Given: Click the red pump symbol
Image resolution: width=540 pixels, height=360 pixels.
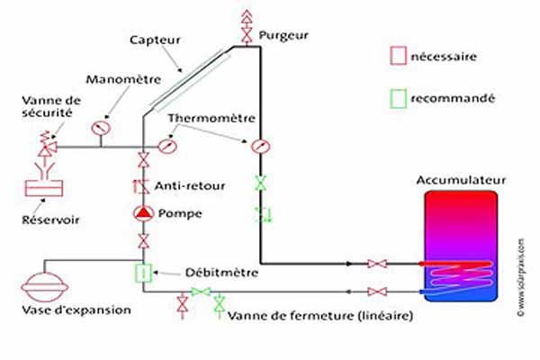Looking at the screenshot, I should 142,213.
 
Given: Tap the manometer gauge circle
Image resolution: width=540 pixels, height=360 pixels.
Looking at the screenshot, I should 101,128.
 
